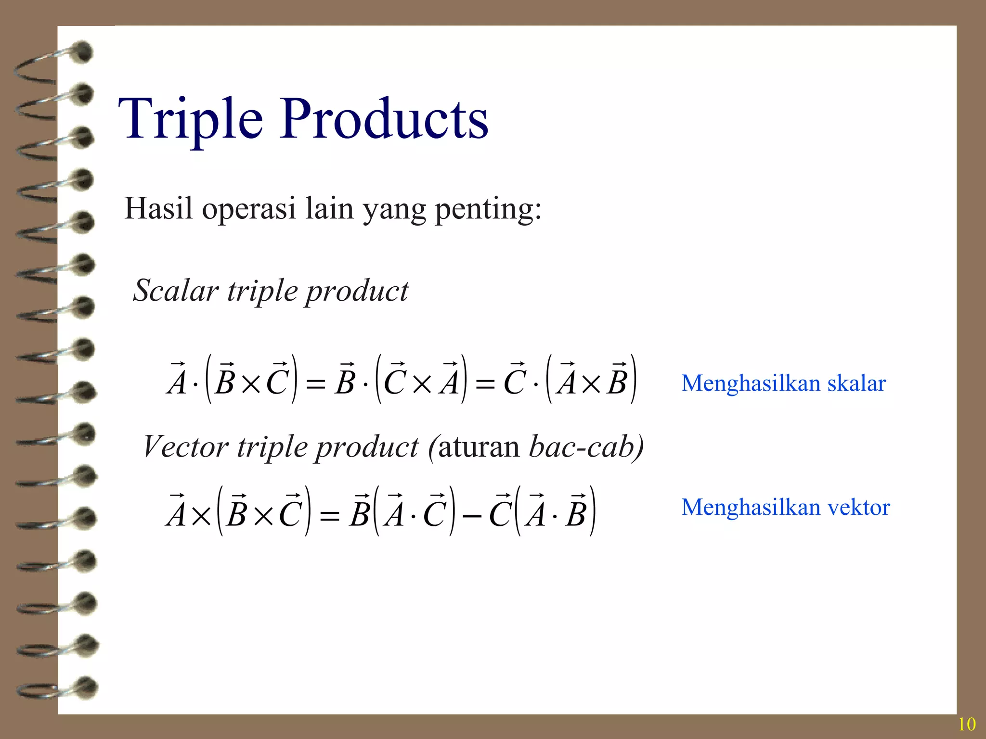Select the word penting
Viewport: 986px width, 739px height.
coord(488,210)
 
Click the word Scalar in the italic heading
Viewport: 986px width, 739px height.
coord(176,291)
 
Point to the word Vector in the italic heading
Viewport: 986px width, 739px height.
coord(185,446)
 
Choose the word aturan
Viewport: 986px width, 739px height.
coord(479,447)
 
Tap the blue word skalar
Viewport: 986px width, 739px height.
coord(856,383)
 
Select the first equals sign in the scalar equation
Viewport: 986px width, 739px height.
coord(316,384)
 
